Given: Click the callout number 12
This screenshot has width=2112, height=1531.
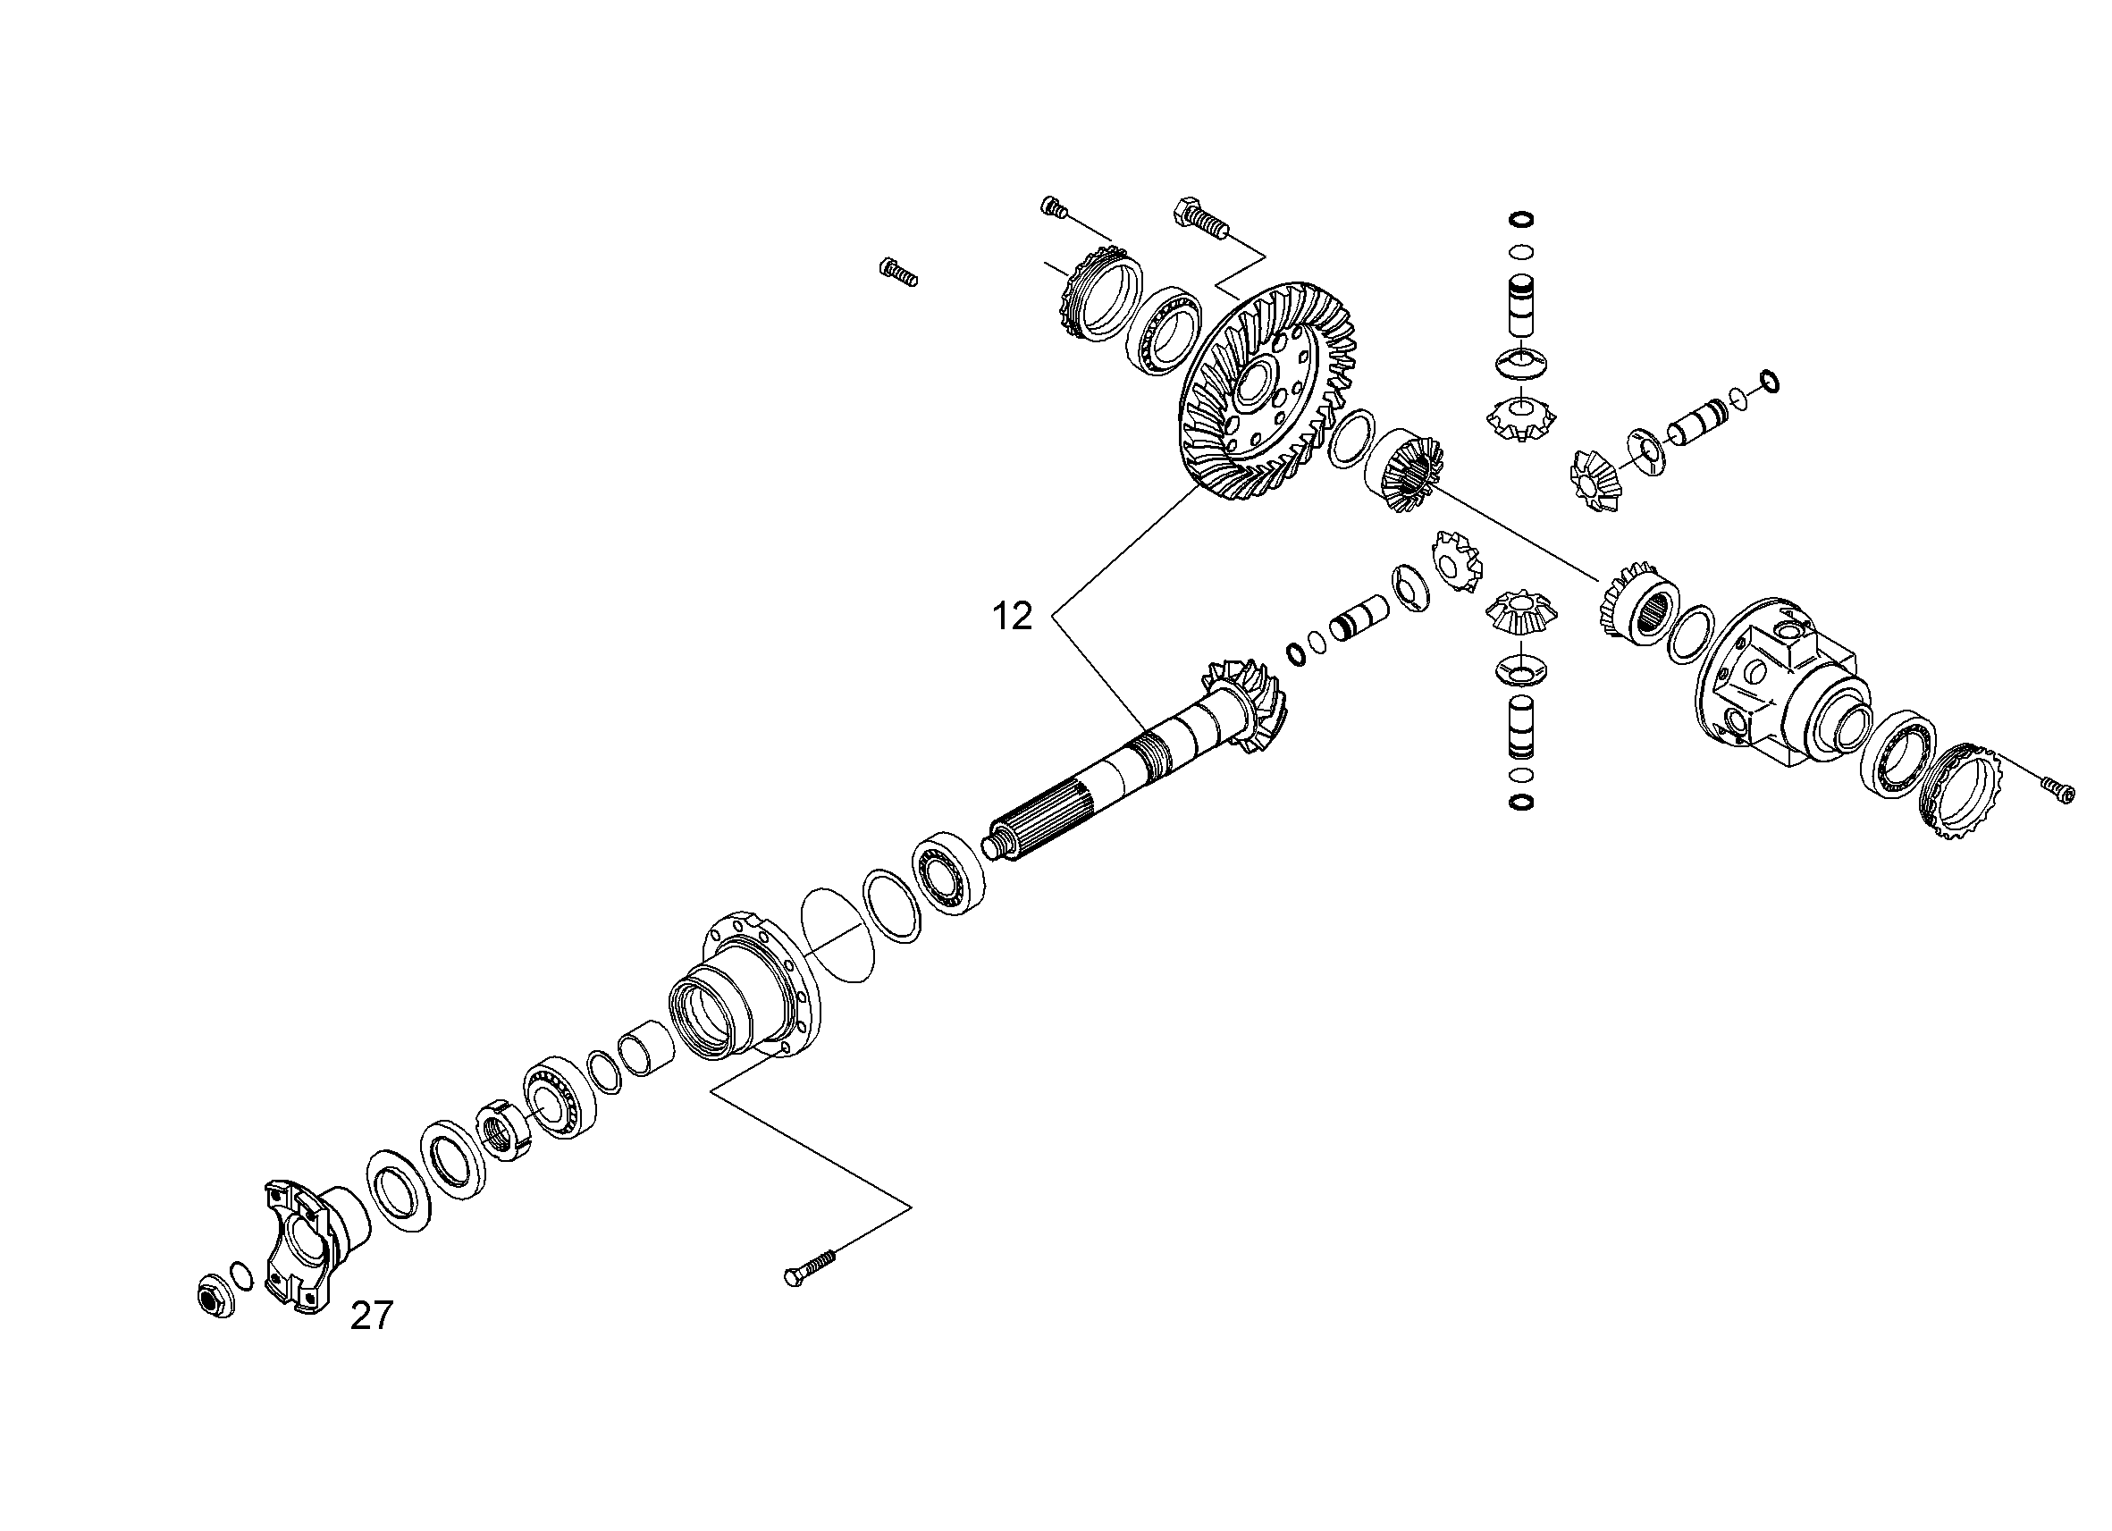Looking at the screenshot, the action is pyautogui.click(x=1013, y=617).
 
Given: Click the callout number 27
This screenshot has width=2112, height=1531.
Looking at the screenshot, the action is pyautogui.click(x=372, y=1316).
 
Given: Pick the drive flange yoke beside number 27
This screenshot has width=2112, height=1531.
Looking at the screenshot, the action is pyautogui.click(x=311, y=1244).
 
